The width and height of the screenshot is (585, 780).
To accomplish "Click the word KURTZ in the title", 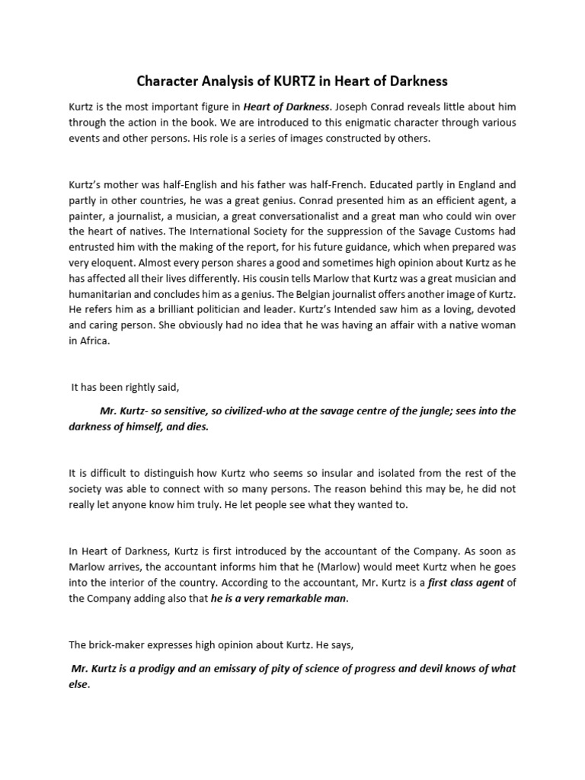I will (303, 80).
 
